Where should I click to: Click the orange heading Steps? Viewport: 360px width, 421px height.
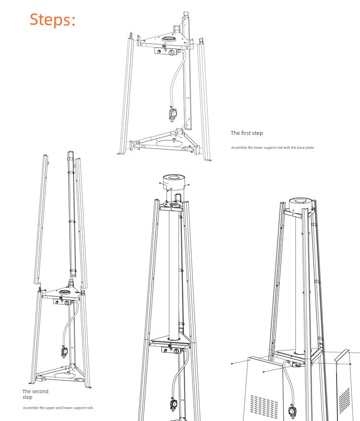click(x=53, y=20)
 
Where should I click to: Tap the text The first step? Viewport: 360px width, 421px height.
click(x=247, y=133)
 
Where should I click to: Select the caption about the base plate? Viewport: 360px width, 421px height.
click(x=272, y=147)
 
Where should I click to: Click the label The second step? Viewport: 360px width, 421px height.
click(x=35, y=394)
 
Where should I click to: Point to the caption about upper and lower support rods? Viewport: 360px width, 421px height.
click(x=58, y=408)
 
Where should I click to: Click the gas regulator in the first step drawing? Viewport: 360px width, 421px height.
click(x=172, y=113)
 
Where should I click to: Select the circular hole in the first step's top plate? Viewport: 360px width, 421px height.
click(x=169, y=39)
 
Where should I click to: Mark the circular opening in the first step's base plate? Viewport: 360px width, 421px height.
click(x=168, y=143)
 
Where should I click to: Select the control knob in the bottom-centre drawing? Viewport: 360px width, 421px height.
click(x=176, y=351)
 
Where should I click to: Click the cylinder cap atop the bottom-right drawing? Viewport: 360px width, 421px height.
click(x=301, y=205)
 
